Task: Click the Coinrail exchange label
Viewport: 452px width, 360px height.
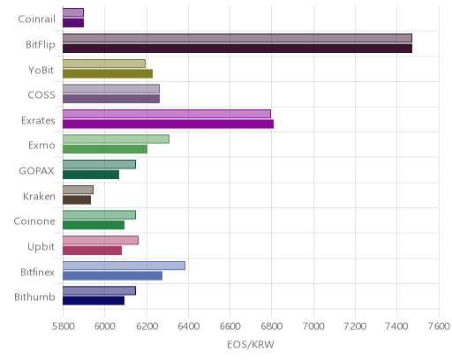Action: point(36,19)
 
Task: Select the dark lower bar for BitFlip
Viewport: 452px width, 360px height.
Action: point(237,49)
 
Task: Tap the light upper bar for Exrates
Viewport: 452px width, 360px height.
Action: point(167,114)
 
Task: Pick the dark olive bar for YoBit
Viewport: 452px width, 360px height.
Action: point(108,73)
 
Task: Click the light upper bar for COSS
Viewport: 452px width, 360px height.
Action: point(111,88)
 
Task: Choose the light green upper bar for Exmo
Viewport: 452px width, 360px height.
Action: point(116,139)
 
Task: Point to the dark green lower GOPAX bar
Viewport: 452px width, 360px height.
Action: point(91,175)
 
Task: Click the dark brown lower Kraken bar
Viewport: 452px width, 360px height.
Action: point(77,199)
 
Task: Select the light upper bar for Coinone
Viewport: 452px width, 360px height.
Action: point(99,214)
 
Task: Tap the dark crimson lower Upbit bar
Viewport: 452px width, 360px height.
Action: point(92,251)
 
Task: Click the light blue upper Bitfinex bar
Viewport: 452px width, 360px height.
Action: point(124,266)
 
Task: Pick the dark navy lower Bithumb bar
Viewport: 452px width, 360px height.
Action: point(94,301)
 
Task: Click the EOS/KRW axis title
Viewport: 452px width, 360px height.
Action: point(251,344)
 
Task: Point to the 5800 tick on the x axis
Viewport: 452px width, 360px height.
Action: point(63,326)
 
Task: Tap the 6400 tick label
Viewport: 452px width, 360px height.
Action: point(188,326)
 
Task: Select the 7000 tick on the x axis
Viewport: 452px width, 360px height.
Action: point(313,326)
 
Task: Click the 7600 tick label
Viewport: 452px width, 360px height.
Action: point(439,326)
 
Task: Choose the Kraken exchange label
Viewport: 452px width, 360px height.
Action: point(39,196)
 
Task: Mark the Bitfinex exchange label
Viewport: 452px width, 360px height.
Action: point(37,272)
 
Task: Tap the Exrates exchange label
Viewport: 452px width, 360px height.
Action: point(38,121)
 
